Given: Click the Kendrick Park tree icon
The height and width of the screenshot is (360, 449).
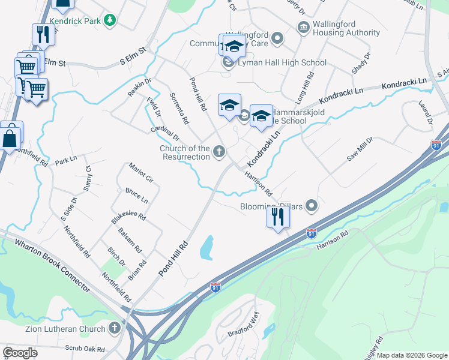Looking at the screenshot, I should [x=109, y=21].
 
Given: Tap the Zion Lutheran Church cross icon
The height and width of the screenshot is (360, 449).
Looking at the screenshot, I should [x=115, y=328].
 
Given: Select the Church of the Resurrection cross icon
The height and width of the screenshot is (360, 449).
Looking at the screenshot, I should [x=220, y=152].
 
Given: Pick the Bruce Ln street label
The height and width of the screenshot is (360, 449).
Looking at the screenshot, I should [x=136, y=195].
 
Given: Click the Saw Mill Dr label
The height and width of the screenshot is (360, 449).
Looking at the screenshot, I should [x=360, y=149].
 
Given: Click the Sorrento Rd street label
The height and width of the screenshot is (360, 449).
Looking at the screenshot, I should [x=179, y=109].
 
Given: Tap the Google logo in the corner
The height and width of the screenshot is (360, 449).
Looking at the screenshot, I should [x=20, y=352].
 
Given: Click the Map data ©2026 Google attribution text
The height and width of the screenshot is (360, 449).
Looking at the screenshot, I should [x=411, y=355].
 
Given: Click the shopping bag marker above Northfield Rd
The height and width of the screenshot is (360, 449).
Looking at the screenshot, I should [x=11, y=137].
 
